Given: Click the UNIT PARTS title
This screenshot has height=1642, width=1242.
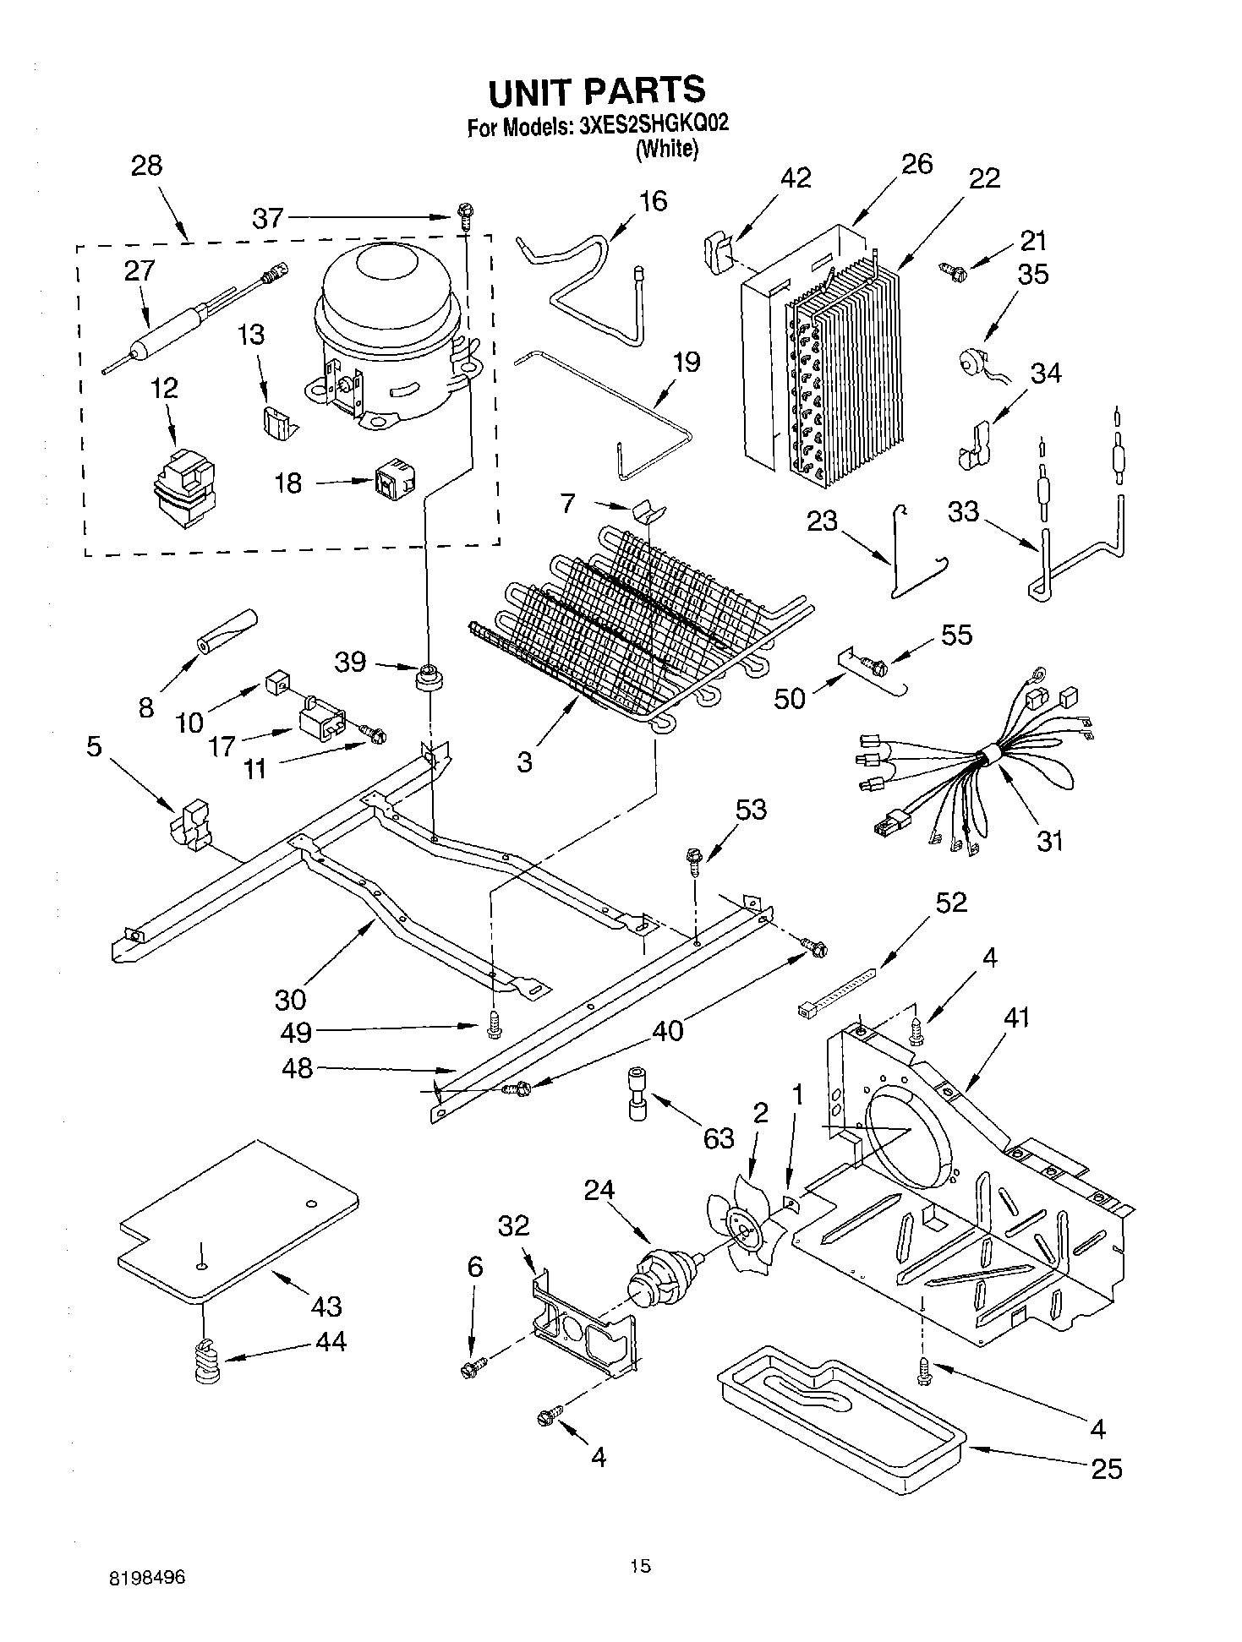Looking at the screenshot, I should coord(597,90).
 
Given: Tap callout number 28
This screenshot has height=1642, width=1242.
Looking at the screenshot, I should coord(146,165).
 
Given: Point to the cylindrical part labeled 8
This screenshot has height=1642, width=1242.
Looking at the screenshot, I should coord(226,631).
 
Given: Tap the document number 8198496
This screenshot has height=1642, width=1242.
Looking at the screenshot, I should coord(145,1577).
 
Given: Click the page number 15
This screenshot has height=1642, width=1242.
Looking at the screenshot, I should coord(640,1566).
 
